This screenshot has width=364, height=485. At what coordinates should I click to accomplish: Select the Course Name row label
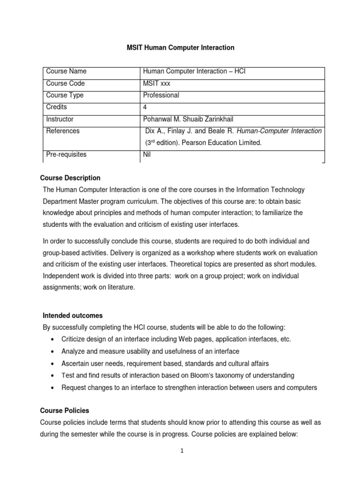click(65, 72)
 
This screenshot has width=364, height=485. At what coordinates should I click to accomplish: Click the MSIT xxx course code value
click(157, 83)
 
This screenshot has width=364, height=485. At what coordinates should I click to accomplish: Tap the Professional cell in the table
click(161, 95)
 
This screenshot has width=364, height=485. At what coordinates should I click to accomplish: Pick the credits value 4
click(145, 107)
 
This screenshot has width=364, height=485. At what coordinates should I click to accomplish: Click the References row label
click(63, 131)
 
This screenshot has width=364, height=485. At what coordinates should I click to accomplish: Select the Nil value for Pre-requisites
click(146, 154)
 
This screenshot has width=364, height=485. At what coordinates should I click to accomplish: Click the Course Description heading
click(71, 178)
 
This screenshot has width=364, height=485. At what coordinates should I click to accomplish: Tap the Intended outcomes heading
click(73, 315)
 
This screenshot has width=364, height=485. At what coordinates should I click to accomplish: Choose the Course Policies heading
click(66, 411)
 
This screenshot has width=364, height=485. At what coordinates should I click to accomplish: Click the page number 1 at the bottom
click(182, 451)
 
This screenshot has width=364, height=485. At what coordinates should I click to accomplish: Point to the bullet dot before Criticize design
click(52, 340)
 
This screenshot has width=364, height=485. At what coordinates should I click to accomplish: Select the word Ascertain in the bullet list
click(75, 363)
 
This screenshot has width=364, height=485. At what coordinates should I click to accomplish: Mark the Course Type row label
click(64, 95)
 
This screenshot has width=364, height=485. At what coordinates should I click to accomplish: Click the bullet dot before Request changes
click(52, 387)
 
